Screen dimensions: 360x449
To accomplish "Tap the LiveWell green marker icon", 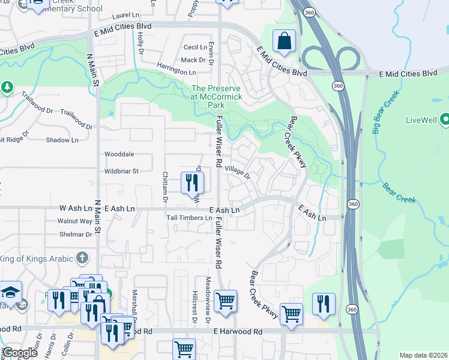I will click(x=445, y=120).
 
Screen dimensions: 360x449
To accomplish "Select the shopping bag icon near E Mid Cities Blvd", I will click(x=284, y=41).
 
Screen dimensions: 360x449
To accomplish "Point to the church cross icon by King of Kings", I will click(x=82, y=259).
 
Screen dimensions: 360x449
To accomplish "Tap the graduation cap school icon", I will click(x=10, y=293).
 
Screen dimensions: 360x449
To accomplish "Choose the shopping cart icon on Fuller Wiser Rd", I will click(x=225, y=302).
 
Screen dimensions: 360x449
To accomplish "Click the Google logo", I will click(x=20, y=353).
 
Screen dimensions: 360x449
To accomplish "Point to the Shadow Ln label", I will click(x=62, y=140).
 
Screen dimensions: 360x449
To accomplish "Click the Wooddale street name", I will click(x=119, y=154).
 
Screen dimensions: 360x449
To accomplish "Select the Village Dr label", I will click(x=237, y=172).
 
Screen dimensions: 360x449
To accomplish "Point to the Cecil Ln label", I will click(x=195, y=47).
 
